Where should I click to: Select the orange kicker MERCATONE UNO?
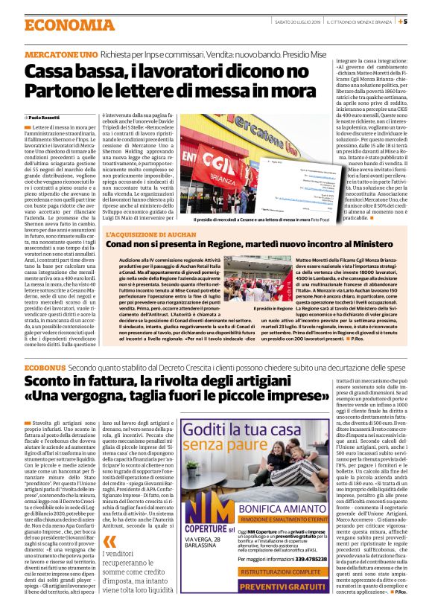pyautogui.click(x=60, y=56)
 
